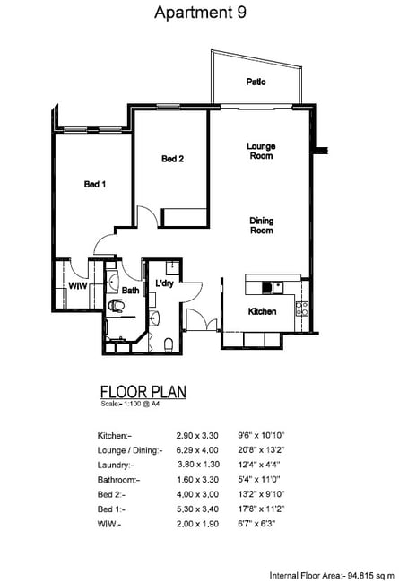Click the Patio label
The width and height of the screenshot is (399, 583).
point(256,82)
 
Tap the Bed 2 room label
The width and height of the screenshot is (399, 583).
point(172,159)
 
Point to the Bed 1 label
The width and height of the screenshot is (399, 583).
point(95,184)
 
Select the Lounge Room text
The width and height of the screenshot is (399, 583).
point(261,151)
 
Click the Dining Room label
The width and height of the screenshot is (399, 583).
point(262,225)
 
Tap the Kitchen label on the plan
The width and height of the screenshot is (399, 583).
point(262,311)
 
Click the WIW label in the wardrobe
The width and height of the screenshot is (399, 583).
point(78,286)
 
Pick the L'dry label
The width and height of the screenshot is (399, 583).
point(164,283)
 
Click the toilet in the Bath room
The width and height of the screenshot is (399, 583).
point(116,306)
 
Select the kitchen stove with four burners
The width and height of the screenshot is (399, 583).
point(301,309)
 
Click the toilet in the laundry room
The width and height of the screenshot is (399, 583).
point(168,344)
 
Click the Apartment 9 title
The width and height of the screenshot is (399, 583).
point(200,13)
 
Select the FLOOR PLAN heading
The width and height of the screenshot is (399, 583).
point(143,392)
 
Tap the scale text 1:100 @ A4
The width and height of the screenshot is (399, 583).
point(140,404)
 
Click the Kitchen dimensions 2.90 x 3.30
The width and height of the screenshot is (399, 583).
point(197,435)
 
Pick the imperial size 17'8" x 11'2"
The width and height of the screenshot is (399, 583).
point(261,509)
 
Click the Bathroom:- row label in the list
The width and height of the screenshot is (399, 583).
point(118,480)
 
